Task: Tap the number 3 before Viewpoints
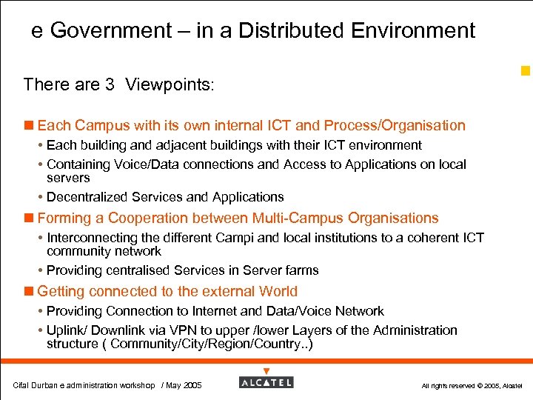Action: [x=109, y=84]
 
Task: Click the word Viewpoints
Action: [x=169, y=84]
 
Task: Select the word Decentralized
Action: [x=87, y=197]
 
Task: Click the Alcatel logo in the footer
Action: [x=266, y=381]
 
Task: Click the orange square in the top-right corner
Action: [x=526, y=71]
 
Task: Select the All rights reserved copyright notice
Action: [x=472, y=386]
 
